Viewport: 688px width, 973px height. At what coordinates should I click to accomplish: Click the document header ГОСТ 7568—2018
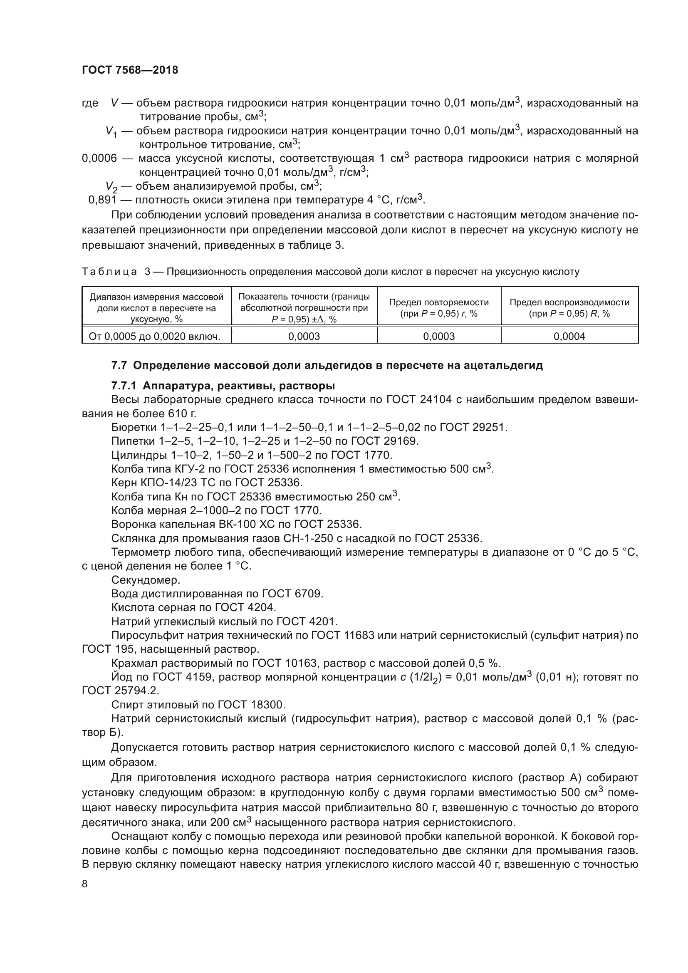(130, 70)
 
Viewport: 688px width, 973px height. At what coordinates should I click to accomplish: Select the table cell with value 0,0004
(569, 337)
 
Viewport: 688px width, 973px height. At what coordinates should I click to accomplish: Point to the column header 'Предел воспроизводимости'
(569, 302)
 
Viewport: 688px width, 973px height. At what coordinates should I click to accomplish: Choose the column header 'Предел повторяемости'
(438, 302)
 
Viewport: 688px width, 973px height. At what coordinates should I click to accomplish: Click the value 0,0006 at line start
(99, 158)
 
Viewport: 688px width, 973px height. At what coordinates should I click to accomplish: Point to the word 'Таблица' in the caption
(109, 272)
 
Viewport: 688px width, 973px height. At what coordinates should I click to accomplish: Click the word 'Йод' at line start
(120, 677)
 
